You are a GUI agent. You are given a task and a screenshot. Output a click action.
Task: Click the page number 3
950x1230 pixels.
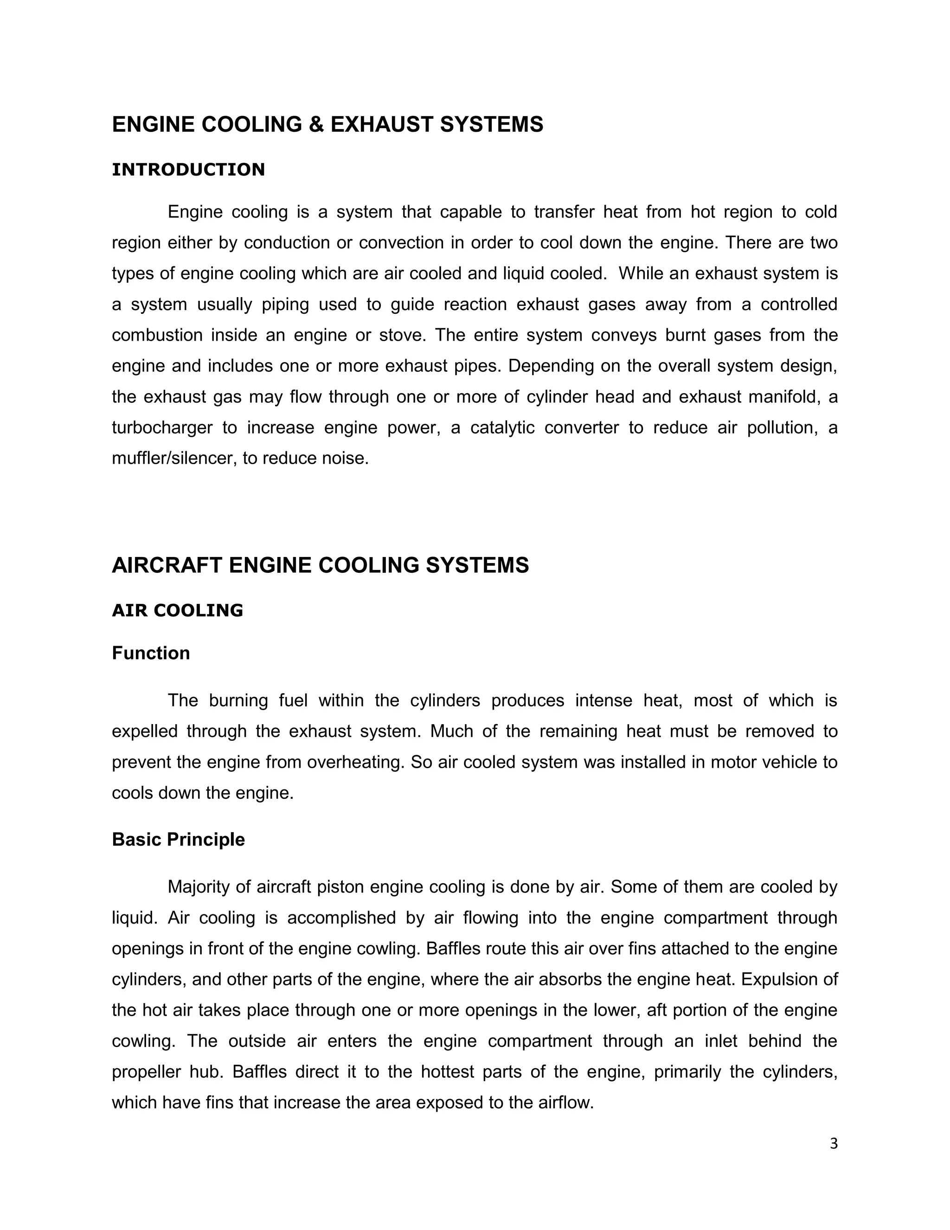pyautogui.click(x=834, y=1144)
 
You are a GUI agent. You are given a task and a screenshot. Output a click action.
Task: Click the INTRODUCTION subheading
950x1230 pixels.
pyautogui.click(x=188, y=169)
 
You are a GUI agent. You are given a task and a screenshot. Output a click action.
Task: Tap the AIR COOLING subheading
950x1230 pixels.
pyautogui.click(x=177, y=610)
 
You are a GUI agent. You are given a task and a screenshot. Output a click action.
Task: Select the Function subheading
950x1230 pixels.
pyautogui.click(x=151, y=654)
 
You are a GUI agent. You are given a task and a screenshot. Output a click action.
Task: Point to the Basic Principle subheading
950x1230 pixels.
pyautogui.click(x=179, y=840)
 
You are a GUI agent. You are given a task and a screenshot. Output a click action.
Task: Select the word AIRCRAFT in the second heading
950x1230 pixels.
pyautogui.click(x=167, y=565)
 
